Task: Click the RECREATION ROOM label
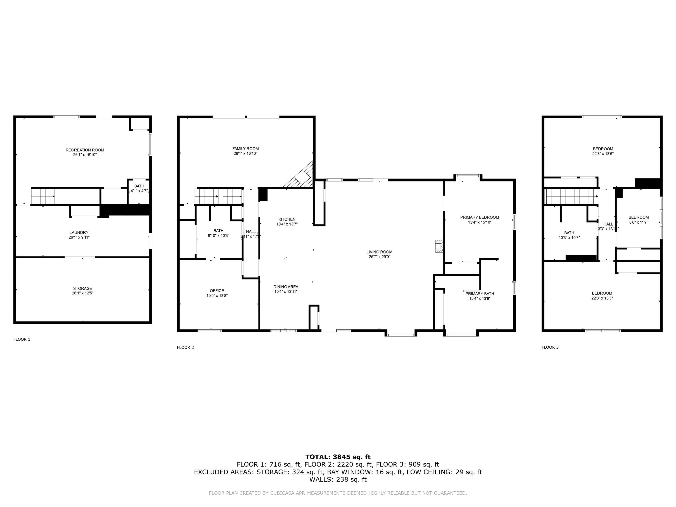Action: tap(85, 150)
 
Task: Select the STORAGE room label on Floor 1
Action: tap(83, 288)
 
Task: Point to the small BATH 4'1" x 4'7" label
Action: tap(139, 188)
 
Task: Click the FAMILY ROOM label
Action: tap(245, 149)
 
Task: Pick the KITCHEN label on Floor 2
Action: tap(287, 219)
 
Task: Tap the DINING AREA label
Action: tap(285, 287)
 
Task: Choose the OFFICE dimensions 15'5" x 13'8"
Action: tap(217, 296)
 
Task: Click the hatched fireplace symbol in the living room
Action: tap(439, 246)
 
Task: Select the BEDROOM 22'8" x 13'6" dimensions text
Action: tap(603, 154)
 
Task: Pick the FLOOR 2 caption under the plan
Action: tap(185, 347)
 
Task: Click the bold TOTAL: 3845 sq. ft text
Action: tap(338, 457)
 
